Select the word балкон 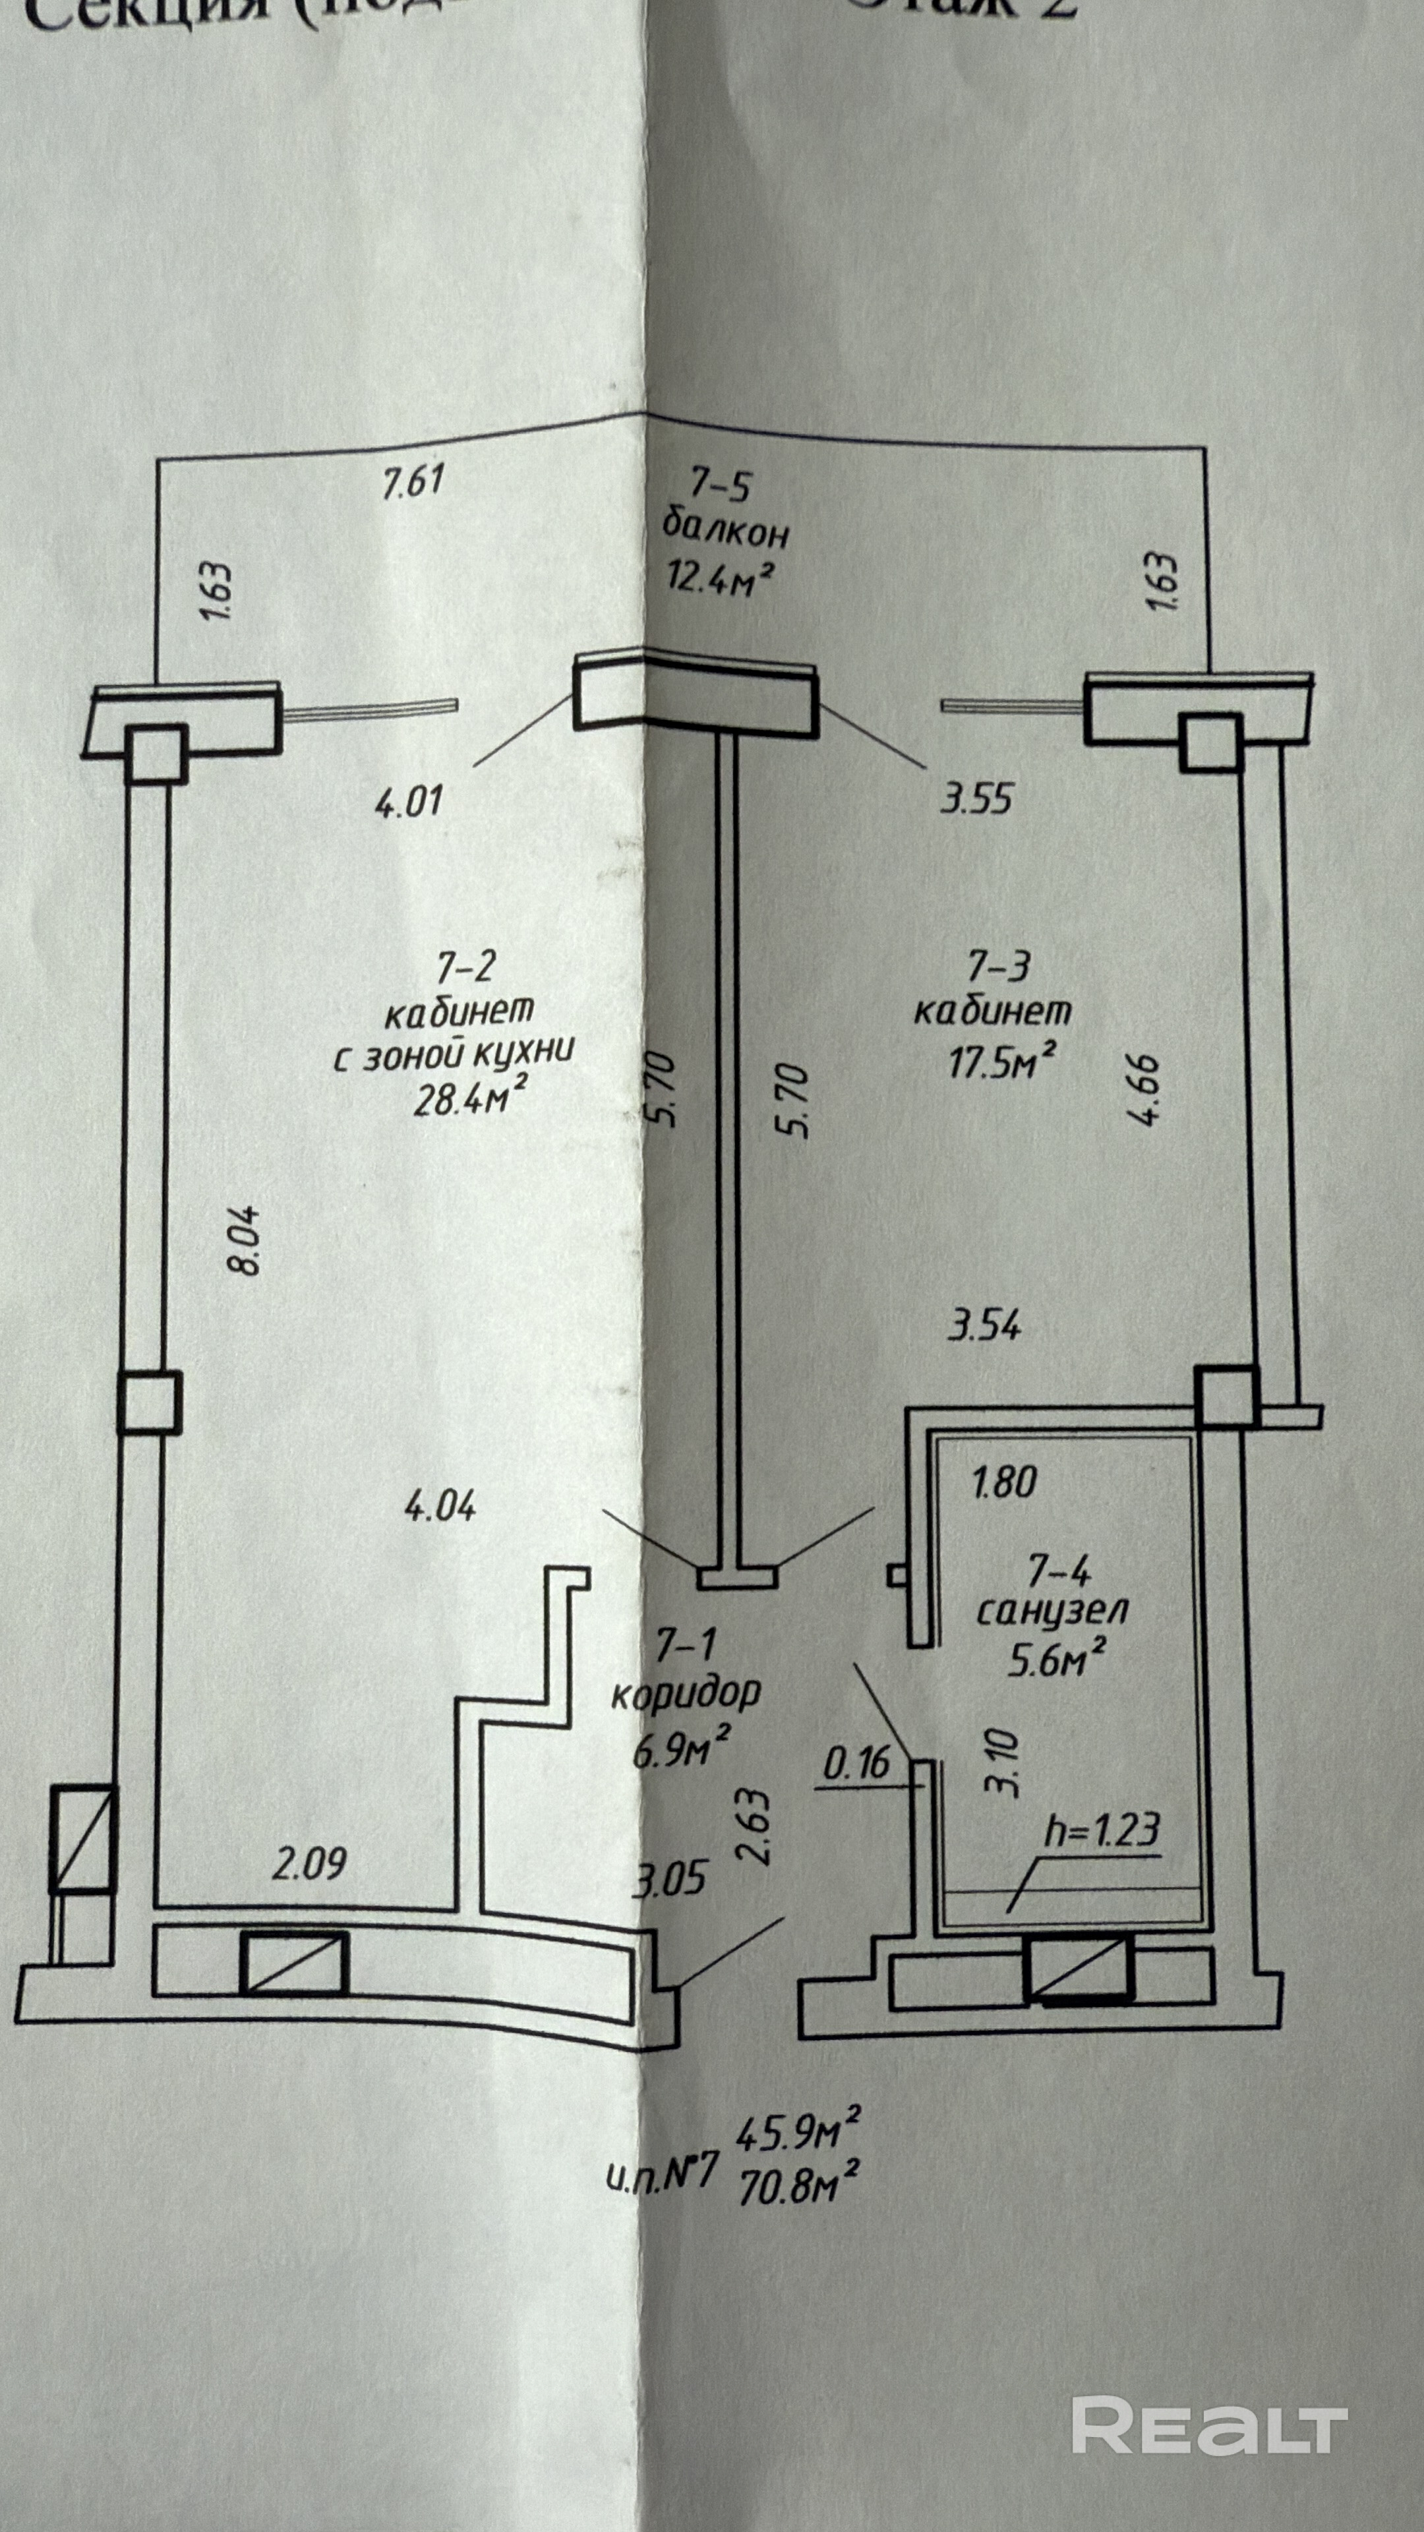[725, 531]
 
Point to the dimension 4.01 [409, 799]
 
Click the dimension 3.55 [976, 797]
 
